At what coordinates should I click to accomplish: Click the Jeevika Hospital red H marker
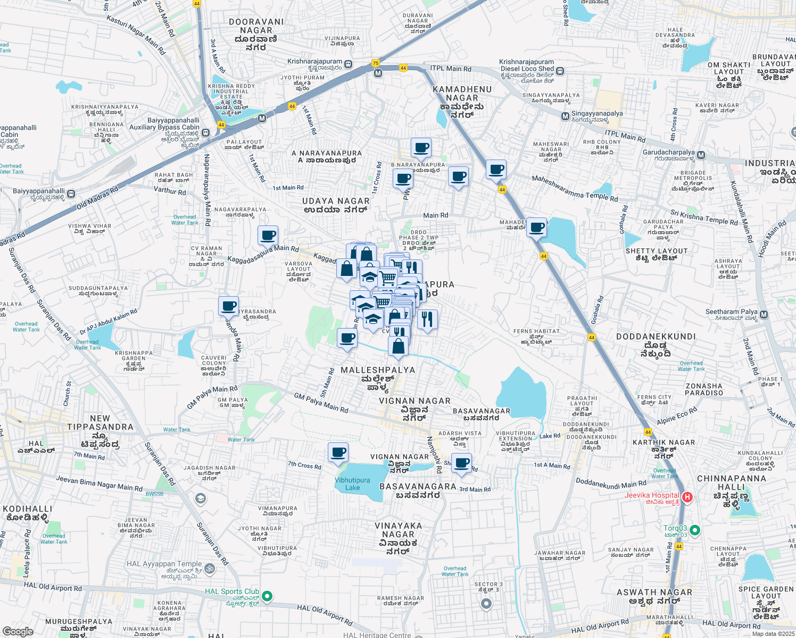point(687,498)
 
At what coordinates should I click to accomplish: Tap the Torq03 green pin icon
point(695,531)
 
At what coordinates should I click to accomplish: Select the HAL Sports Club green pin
point(267,596)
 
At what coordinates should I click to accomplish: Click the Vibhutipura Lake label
point(352,484)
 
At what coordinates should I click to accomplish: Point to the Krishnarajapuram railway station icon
point(348,64)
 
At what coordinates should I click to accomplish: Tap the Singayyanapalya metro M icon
point(565,116)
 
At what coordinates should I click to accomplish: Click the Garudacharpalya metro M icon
point(701,155)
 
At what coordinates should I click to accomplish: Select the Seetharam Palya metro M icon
point(764,315)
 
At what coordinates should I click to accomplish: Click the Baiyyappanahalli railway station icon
point(71,194)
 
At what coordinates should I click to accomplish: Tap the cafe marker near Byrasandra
point(229,306)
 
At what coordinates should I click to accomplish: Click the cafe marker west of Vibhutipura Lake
point(338,453)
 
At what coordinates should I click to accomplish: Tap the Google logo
point(18,631)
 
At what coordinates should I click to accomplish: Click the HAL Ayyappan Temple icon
point(210,569)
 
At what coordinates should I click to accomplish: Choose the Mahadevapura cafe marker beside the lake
point(537,228)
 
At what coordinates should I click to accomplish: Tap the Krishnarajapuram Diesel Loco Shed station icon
point(560,71)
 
